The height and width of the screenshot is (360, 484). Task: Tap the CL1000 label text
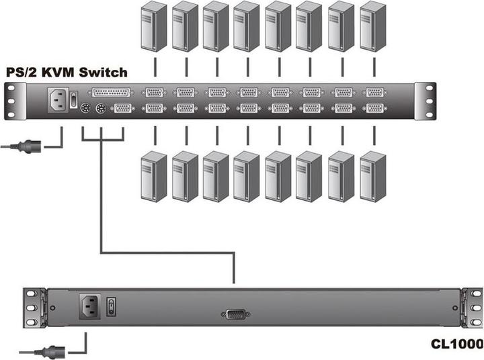click(x=456, y=345)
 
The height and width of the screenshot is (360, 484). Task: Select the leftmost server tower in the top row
click(x=153, y=28)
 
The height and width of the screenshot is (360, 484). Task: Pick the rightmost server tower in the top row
click(x=374, y=28)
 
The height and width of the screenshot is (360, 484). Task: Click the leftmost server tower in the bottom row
click(x=153, y=175)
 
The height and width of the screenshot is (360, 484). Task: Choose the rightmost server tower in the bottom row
click(x=374, y=175)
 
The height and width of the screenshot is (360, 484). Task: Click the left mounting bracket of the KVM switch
click(x=13, y=100)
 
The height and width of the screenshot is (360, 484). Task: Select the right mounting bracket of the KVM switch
click(x=425, y=100)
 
